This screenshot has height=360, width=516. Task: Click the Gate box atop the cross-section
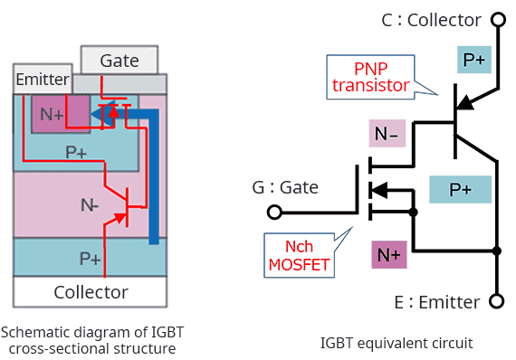pyautogui.click(x=119, y=61)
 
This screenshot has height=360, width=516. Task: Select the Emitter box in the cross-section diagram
pyautogui.click(x=42, y=80)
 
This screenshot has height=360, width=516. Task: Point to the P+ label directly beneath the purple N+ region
pyautogui.click(x=76, y=152)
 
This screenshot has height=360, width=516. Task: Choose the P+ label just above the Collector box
pyautogui.click(x=90, y=259)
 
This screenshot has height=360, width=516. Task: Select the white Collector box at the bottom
pyautogui.click(x=90, y=291)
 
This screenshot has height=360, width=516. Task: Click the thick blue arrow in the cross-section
pyautogui.click(x=153, y=172)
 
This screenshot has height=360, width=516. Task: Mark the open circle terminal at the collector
pyautogui.click(x=496, y=20)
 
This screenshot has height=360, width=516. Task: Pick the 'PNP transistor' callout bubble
pyautogui.click(x=371, y=77)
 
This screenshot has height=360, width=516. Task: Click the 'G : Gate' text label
pyautogui.click(x=285, y=187)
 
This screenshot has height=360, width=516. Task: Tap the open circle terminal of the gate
pyautogui.click(x=274, y=213)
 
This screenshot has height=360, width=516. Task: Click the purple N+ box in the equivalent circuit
pyautogui.click(x=389, y=255)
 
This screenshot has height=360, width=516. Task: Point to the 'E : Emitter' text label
pyautogui.click(x=436, y=301)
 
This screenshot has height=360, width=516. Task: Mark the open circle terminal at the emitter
pyautogui.click(x=496, y=301)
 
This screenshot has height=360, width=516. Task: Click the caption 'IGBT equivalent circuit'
pyautogui.click(x=397, y=343)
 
